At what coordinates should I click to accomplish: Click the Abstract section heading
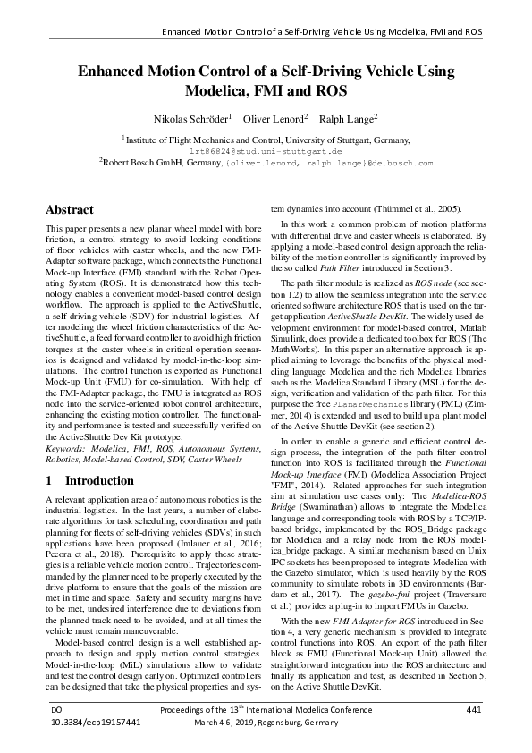click(x=70, y=210)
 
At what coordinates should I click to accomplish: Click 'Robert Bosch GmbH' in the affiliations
click(x=143, y=165)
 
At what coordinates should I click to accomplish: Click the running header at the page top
click(x=321, y=31)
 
